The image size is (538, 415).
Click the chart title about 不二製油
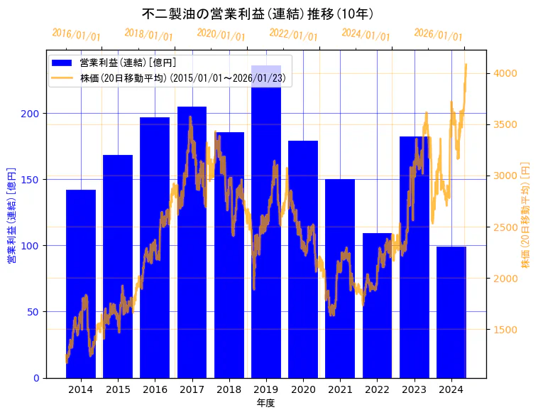(258, 14)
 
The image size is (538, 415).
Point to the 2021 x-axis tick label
(340, 389)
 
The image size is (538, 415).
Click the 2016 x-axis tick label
(155, 389)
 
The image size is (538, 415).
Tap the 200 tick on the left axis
(31, 114)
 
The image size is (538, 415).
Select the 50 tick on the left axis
(34, 312)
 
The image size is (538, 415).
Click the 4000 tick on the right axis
(505, 73)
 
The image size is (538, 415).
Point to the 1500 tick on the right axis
(505, 330)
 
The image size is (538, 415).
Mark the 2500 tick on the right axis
(505, 227)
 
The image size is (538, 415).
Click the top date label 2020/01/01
(221, 35)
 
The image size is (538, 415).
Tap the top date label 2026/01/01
(438, 35)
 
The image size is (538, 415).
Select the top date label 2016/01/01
(77, 35)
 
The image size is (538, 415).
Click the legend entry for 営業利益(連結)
(128, 63)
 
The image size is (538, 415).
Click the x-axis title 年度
(265, 403)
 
